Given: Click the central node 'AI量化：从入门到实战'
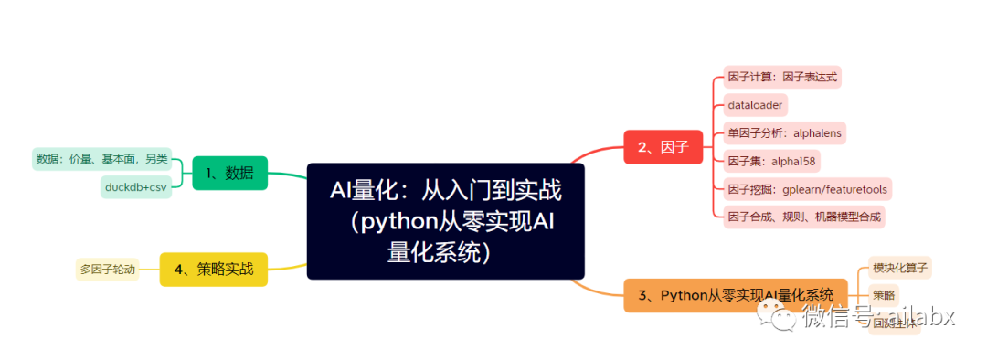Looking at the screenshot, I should [x=445, y=220].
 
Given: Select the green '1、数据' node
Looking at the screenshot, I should [x=229, y=173].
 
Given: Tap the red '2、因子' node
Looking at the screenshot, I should [x=663, y=146].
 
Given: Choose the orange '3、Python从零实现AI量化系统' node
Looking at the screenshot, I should [x=736, y=294].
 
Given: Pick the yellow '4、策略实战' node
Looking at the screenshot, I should [x=213, y=269].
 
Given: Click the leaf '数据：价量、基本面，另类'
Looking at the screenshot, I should [x=101, y=159].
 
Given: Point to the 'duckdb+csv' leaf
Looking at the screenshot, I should [x=135, y=187].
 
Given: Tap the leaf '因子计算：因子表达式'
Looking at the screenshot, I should [x=781, y=77].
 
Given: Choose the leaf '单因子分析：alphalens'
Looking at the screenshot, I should [x=783, y=132].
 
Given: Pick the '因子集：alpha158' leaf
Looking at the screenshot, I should [x=770, y=161].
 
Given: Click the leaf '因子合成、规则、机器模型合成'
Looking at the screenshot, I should [x=804, y=217].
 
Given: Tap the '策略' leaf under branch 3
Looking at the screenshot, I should [x=884, y=294].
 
